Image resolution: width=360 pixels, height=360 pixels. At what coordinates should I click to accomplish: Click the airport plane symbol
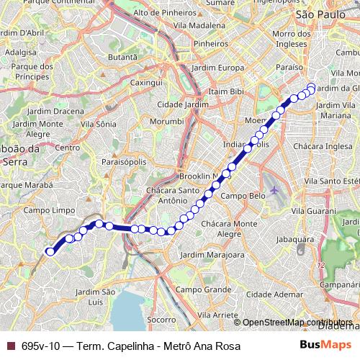[276, 190]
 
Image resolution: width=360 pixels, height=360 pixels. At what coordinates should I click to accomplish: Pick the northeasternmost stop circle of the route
[311, 88]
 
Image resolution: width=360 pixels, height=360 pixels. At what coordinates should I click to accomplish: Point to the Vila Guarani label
[313, 211]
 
